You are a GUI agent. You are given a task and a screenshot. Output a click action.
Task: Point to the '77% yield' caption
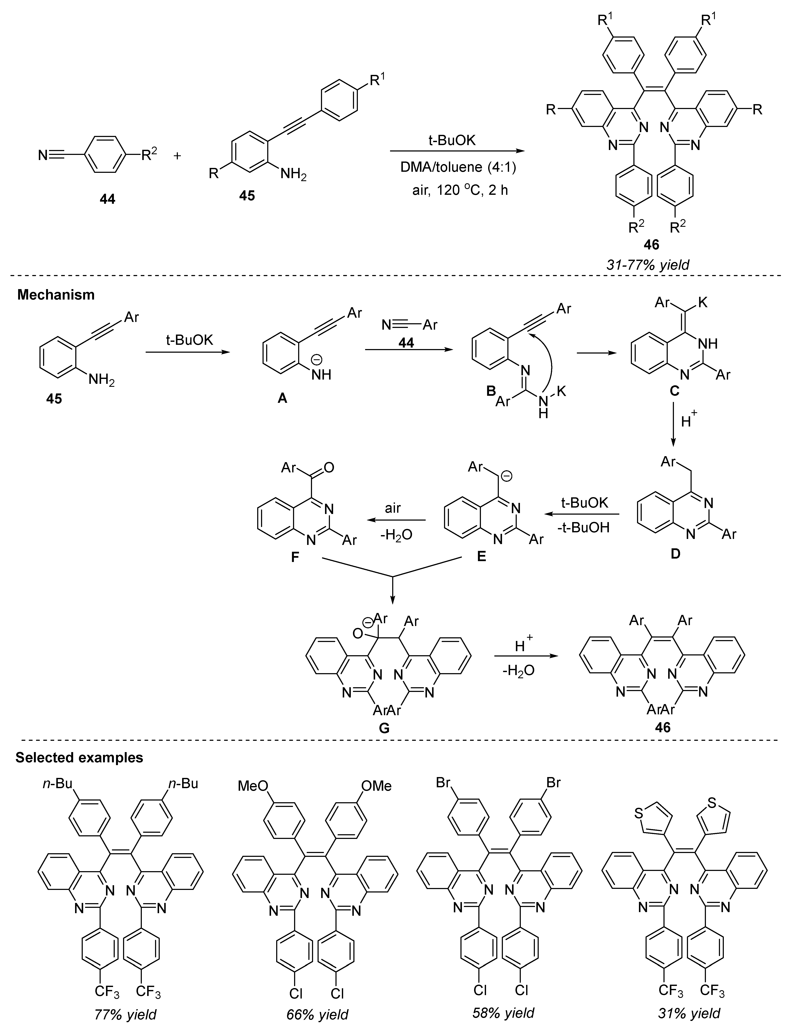point(125,1014)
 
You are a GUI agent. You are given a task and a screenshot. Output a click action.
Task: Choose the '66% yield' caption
point(317,1014)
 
